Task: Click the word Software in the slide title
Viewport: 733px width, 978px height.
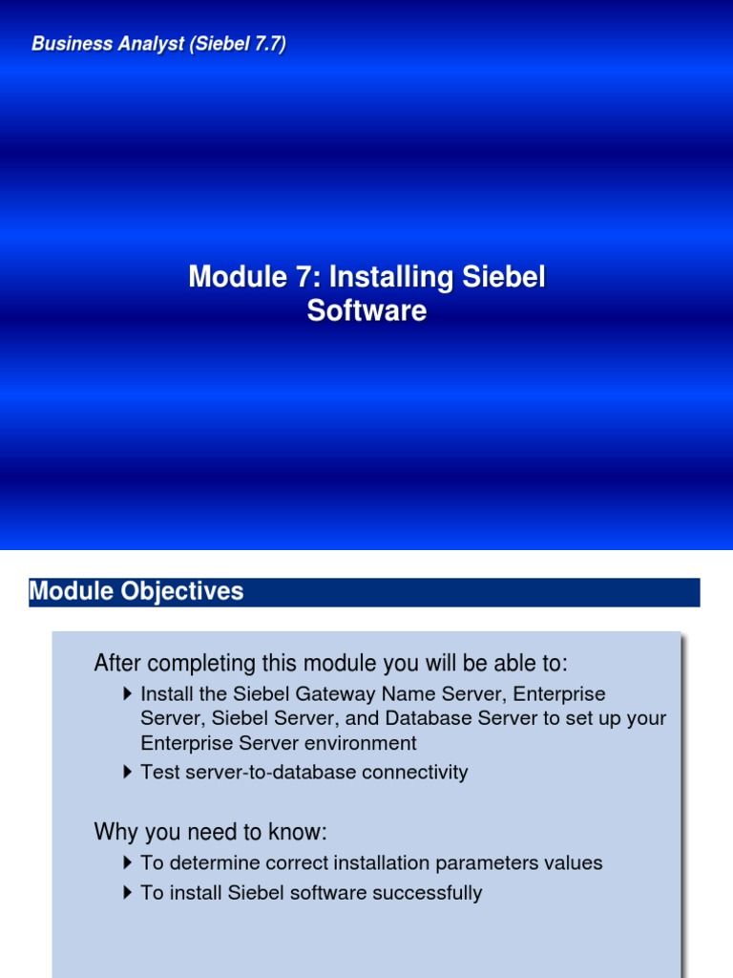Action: [x=366, y=311]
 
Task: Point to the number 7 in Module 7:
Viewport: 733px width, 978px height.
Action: [x=308, y=278]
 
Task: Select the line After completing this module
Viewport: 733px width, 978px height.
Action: [x=330, y=663]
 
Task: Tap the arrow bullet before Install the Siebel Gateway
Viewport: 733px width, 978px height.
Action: [x=129, y=693]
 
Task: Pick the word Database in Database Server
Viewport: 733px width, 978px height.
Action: [x=428, y=718]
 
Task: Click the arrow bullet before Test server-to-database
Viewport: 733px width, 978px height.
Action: [x=129, y=772]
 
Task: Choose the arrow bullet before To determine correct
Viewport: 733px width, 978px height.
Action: [x=129, y=863]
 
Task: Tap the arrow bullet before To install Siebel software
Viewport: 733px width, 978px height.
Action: [x=129, y=893]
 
